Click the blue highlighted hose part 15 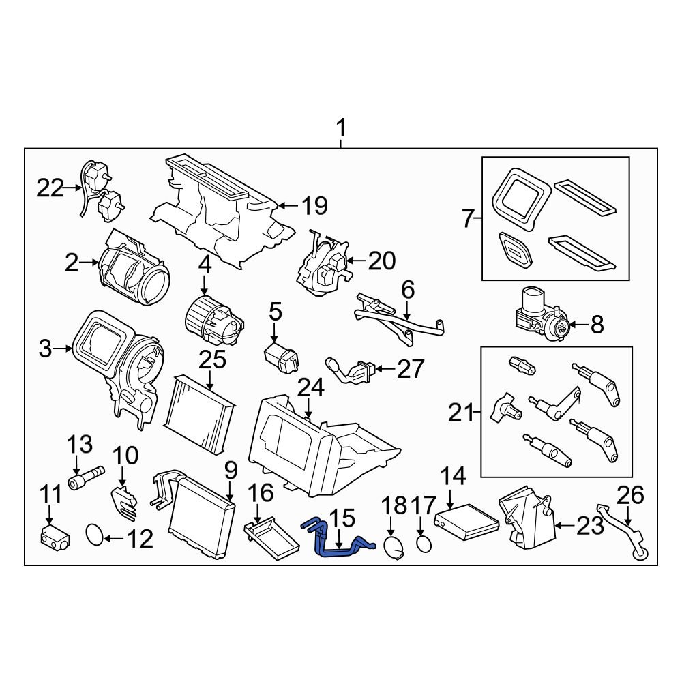tap(338, 542)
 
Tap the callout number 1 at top tap(341, 128)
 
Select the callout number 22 tap(50, 188)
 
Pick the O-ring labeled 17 tap(424, 544)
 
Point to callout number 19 tap(314, 205)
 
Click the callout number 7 tap(468, 220)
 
